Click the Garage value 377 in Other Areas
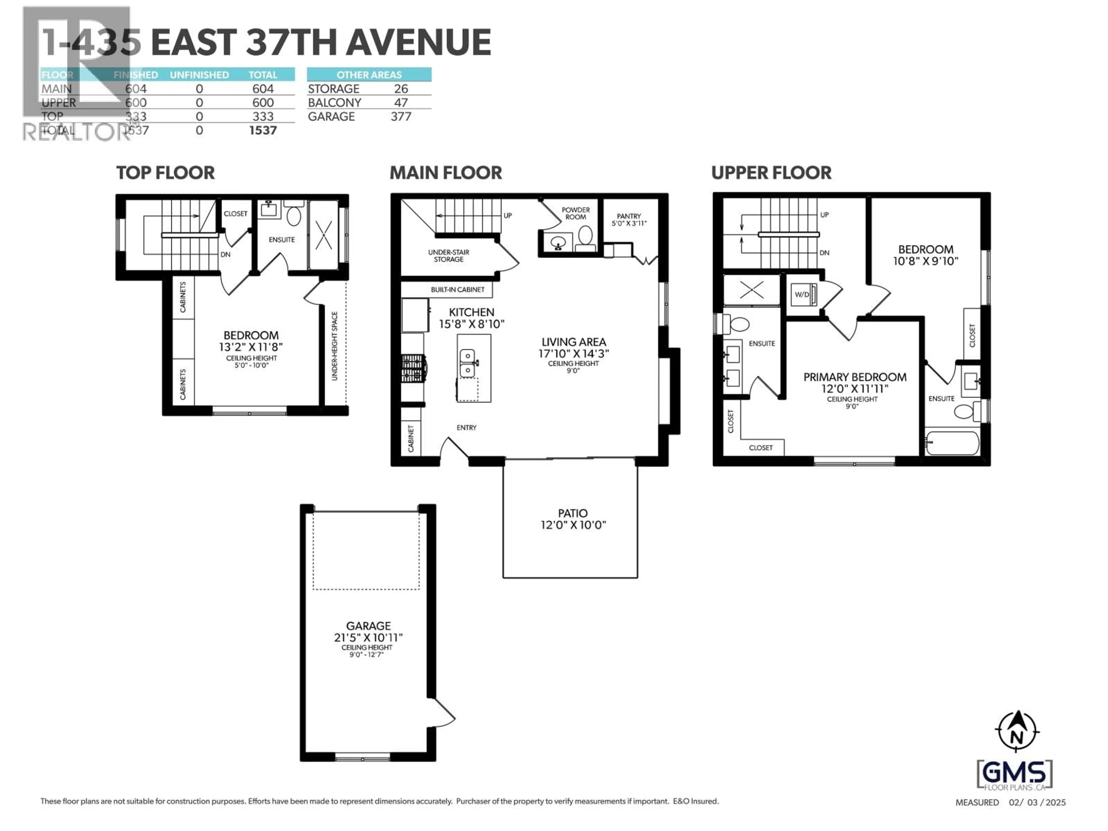[x=401, y=117]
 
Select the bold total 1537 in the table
[x=263, y=131]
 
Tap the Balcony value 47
[x=401, y=103]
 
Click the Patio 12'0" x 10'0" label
[x=572, y=519]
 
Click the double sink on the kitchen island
[x=467, y=363]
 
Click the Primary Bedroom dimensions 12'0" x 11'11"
[x=855, y=389]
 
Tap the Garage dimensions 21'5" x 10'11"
[x=368, y=638]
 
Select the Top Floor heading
[x=165, y=173]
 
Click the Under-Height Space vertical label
[x=335, y=346]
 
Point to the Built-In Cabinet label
[x=457, y=289]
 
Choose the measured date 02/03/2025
[x=1037, y=802]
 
